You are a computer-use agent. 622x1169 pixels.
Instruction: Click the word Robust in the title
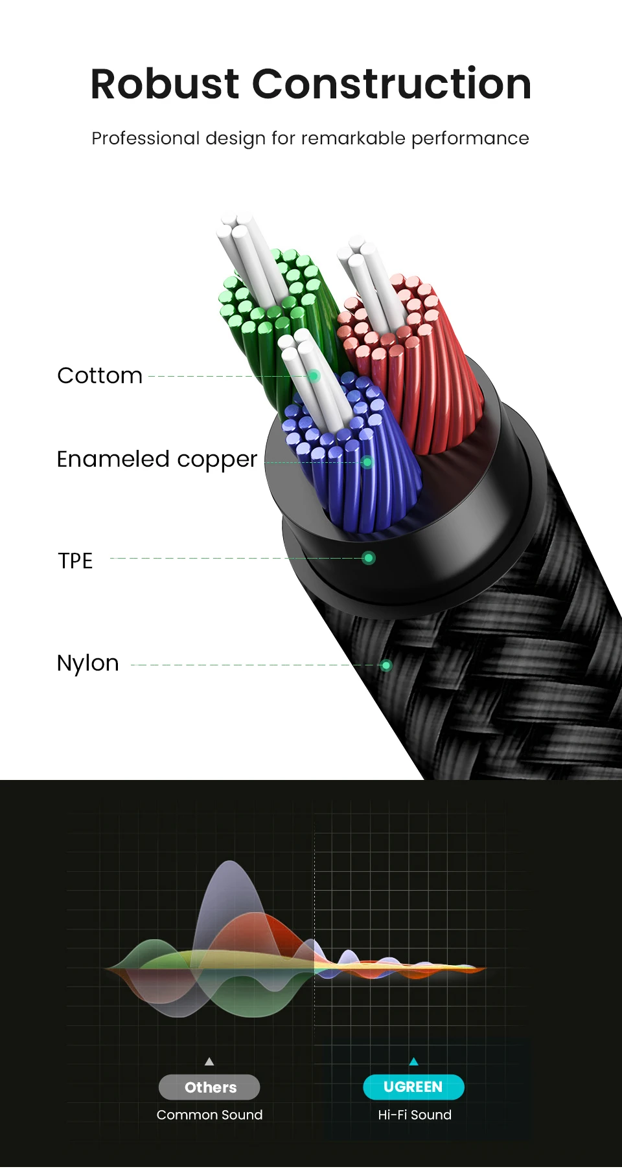(165, 84)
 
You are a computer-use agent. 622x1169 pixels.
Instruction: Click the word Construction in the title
(391, 84)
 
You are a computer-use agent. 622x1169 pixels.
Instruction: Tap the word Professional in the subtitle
(146, 139)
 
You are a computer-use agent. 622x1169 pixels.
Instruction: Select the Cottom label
(100, 375)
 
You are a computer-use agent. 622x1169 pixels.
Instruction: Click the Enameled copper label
(157, 459)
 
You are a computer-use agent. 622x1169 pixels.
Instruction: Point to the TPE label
(75, 561)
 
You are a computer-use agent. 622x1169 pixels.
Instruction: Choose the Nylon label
(88, 663)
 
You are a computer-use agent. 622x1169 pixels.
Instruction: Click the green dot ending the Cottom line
(314, 376)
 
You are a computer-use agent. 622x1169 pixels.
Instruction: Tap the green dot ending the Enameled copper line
(367, 462)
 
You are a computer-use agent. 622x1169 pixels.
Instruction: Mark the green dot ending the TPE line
(369, 558)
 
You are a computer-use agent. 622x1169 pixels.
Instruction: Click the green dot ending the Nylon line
(386, 665)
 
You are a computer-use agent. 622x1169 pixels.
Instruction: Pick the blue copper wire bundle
(363, 466)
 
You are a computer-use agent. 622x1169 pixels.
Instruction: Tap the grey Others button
(209, 1087)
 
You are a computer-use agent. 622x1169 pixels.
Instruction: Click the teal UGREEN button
(413, 1087)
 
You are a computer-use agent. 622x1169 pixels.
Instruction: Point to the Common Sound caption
(209, 1115)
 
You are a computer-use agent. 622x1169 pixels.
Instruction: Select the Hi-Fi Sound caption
(415, 1115)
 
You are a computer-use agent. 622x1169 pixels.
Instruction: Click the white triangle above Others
(209, 1062)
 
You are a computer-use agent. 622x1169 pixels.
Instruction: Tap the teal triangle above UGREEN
(414, 1062)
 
